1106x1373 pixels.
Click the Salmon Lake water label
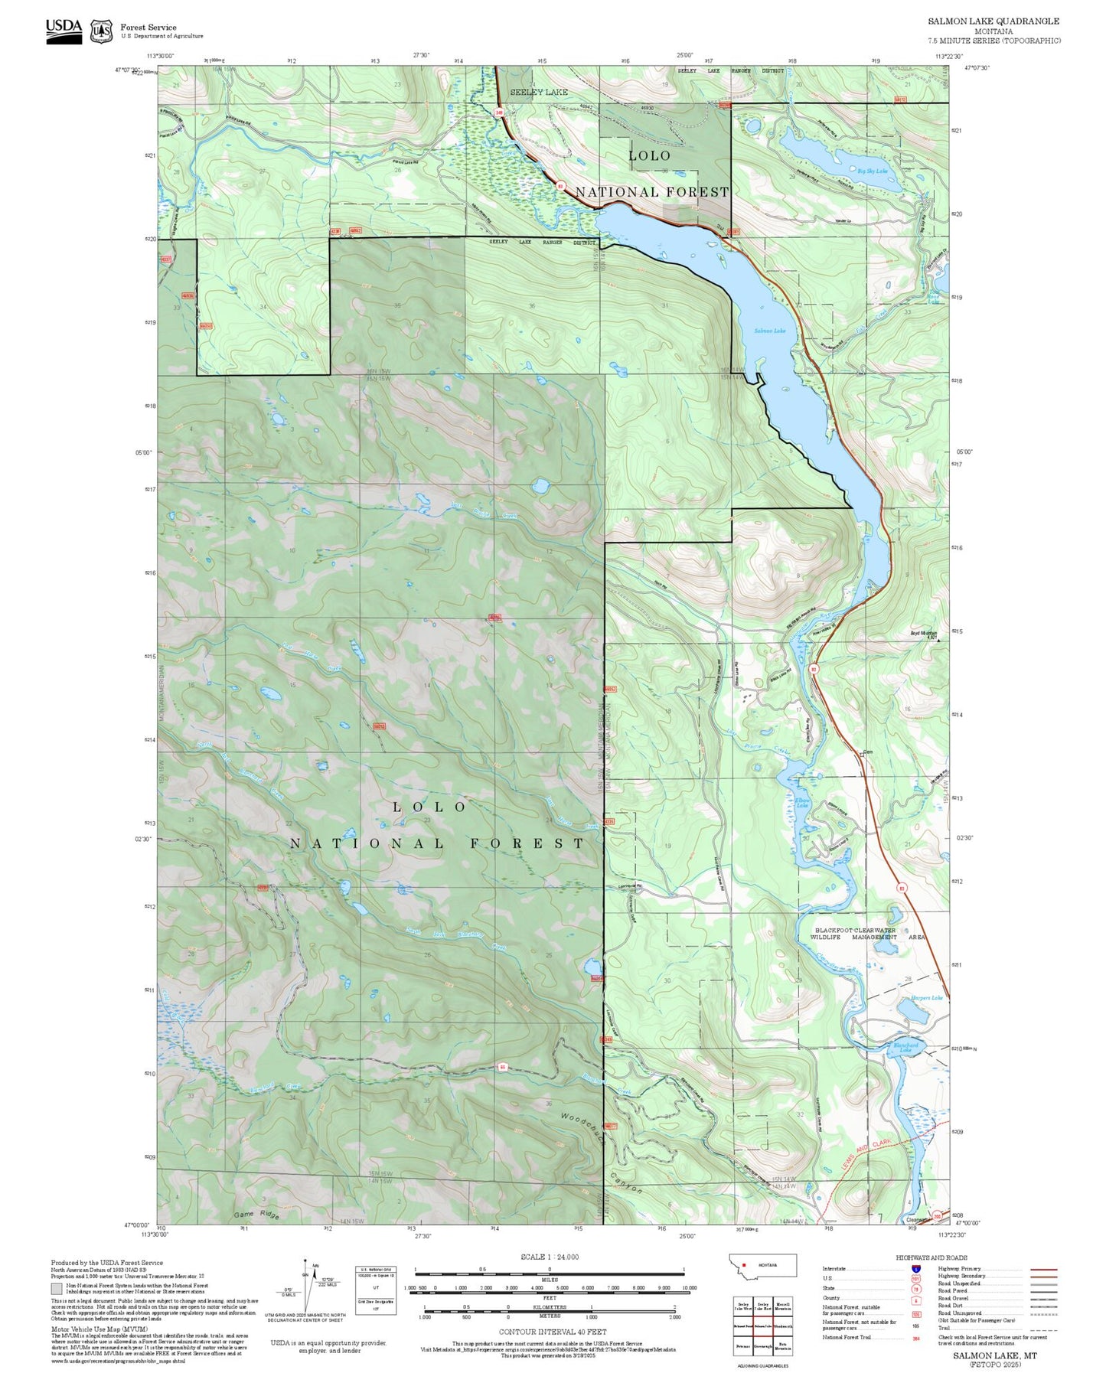click(x=769, y=331)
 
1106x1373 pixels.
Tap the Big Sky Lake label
click(x=872, y=171)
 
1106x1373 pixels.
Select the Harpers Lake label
click(x=926, y=998)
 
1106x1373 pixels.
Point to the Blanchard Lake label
click(x=905, y=1048)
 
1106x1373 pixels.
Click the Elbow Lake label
click(x=802, y=802)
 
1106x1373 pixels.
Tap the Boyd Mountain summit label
click(x=923, y=634)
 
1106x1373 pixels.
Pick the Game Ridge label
click(x=256, y=1215)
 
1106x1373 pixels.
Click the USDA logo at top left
click(x=64, y=31)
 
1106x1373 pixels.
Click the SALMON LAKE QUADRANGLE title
click(x=993, y=21)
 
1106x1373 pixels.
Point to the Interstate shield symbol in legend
click(x=915, y=1269)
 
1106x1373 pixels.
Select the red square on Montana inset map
click(x=743, y=1264)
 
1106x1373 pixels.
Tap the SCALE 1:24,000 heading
click(x=549, y=1257)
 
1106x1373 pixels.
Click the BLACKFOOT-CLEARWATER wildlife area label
click(x=867, y=933)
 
